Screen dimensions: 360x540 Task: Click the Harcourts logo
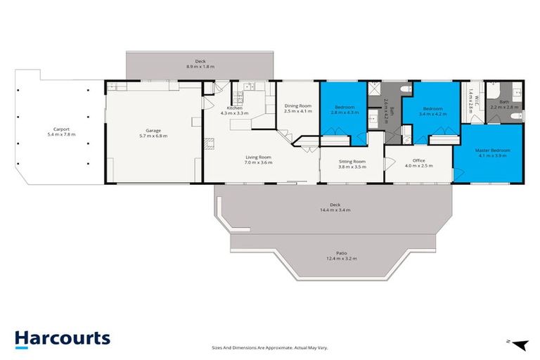pyautogui.click(x=62, y=338)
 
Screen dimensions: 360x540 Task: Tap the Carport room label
pyautogui.click(x=60, y=129)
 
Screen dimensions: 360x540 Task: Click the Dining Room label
pyautogui.click(x=297, y=106)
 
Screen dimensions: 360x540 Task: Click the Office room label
pyautogui.click(x=419, y=161)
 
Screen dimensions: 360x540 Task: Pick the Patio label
pyautogui.click(x=340, y=253)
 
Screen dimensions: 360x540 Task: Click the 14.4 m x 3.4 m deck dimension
pyautogui.click(x=335, y=210)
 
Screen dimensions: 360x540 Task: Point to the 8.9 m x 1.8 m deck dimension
pyautogui.click(x=199, y=66)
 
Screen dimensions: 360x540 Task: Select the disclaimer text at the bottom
pyautogui.click(x=269, y=347)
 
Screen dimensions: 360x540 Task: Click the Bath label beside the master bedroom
pyautogui.click(x=504, y=102)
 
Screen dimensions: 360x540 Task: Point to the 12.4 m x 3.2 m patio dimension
pyautogui.click(x=340, y=259)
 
